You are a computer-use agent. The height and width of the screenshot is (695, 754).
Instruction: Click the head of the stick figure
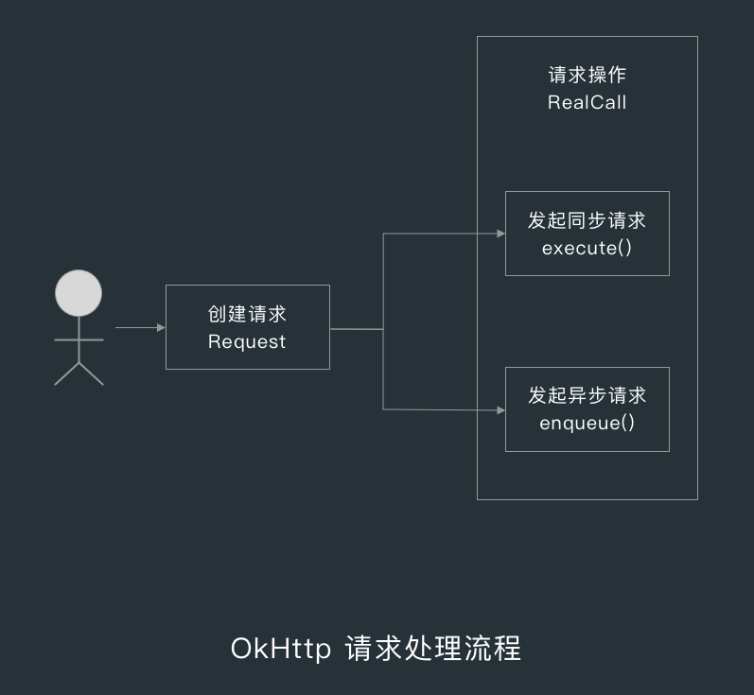coord(79,293)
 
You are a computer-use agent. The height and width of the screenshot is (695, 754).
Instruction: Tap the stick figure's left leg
coord(66,374)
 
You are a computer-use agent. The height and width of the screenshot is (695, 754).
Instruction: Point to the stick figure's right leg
coord(91,374)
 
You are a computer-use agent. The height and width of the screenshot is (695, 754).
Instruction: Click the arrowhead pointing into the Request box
coord(161,328)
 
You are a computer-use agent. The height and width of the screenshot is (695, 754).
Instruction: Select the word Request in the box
coord(247,341)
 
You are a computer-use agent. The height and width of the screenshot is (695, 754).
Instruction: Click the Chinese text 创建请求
coord(247,314)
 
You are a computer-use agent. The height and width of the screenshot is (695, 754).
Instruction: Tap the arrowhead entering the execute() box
coord(500,233)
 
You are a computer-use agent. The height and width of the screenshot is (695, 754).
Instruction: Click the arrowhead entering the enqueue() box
coord(500,410)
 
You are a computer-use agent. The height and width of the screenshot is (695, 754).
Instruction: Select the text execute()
coord(587,248)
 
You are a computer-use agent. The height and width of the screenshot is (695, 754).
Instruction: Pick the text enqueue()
coord(587,423)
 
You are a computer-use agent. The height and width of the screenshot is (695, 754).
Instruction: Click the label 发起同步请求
coord(587,220)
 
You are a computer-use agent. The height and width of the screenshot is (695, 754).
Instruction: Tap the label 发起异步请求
coord(587,395)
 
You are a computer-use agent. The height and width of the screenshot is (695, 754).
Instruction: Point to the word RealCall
coord(587,102)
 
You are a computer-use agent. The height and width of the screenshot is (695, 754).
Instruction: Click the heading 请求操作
coord(587,76)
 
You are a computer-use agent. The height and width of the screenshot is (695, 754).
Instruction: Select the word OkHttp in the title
coord(280,650)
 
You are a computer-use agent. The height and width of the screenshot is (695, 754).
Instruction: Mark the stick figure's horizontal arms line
coord(79,339)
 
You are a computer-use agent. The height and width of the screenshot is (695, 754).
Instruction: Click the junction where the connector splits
coord(383,329)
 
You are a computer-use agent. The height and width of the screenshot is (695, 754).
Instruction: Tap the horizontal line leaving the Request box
coord(356,329)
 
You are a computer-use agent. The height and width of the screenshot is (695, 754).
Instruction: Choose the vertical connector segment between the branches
coord(383,284)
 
